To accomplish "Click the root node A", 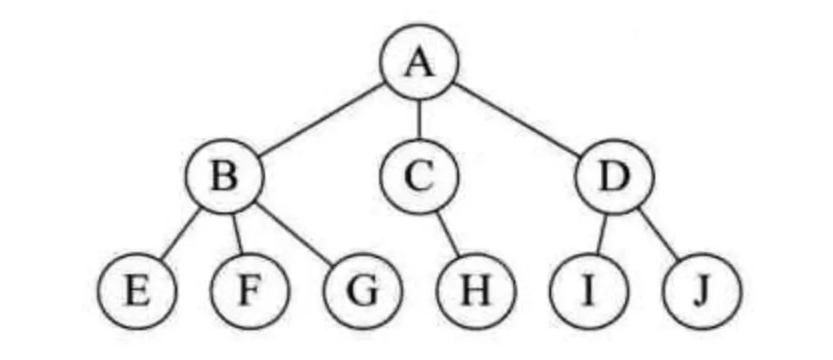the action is (x=419, y=64).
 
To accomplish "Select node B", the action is (x=223, y=178).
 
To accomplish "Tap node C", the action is (x=419, y=178).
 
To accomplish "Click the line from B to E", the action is (x=179, y=235).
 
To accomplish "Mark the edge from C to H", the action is (x=448, y=234).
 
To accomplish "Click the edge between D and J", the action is (x=658, y=234).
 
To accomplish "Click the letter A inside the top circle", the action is (x=419, y=64).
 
